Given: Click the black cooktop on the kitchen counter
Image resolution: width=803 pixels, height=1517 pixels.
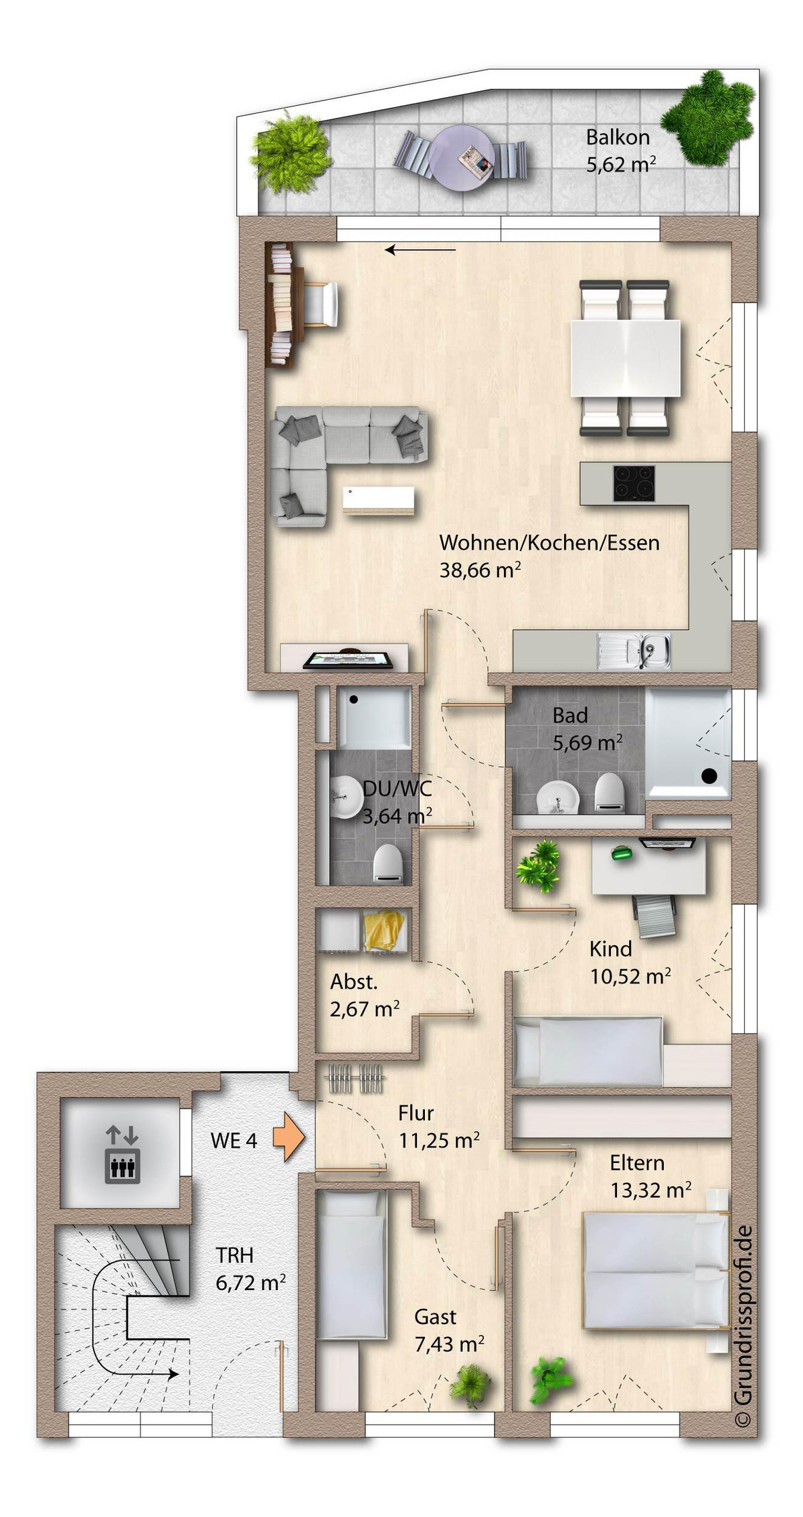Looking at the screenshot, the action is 634,483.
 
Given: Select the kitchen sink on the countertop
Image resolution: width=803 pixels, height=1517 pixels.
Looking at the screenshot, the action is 634,651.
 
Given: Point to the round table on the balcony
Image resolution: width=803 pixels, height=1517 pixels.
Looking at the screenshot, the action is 462,159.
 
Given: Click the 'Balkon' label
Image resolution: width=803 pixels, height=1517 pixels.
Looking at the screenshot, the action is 618,137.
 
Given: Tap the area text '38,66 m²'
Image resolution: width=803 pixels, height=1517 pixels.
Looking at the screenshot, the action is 480,570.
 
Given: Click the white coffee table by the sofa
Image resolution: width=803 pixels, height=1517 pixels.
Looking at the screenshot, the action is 378,500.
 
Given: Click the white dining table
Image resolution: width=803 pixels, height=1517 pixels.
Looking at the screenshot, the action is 625,358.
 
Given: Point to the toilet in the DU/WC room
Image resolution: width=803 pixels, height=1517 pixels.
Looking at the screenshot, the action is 387,864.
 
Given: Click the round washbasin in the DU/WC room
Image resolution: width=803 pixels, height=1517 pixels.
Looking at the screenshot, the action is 346,797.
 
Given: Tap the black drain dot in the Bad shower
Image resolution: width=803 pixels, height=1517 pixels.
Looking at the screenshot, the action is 709,776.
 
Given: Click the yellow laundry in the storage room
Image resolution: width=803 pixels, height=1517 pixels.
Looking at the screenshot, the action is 385,930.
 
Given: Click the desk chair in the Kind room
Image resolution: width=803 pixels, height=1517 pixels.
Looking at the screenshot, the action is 654,914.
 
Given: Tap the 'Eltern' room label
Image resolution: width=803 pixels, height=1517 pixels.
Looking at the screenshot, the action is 637,1162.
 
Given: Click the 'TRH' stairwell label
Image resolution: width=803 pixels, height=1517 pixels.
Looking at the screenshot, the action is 234,1255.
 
